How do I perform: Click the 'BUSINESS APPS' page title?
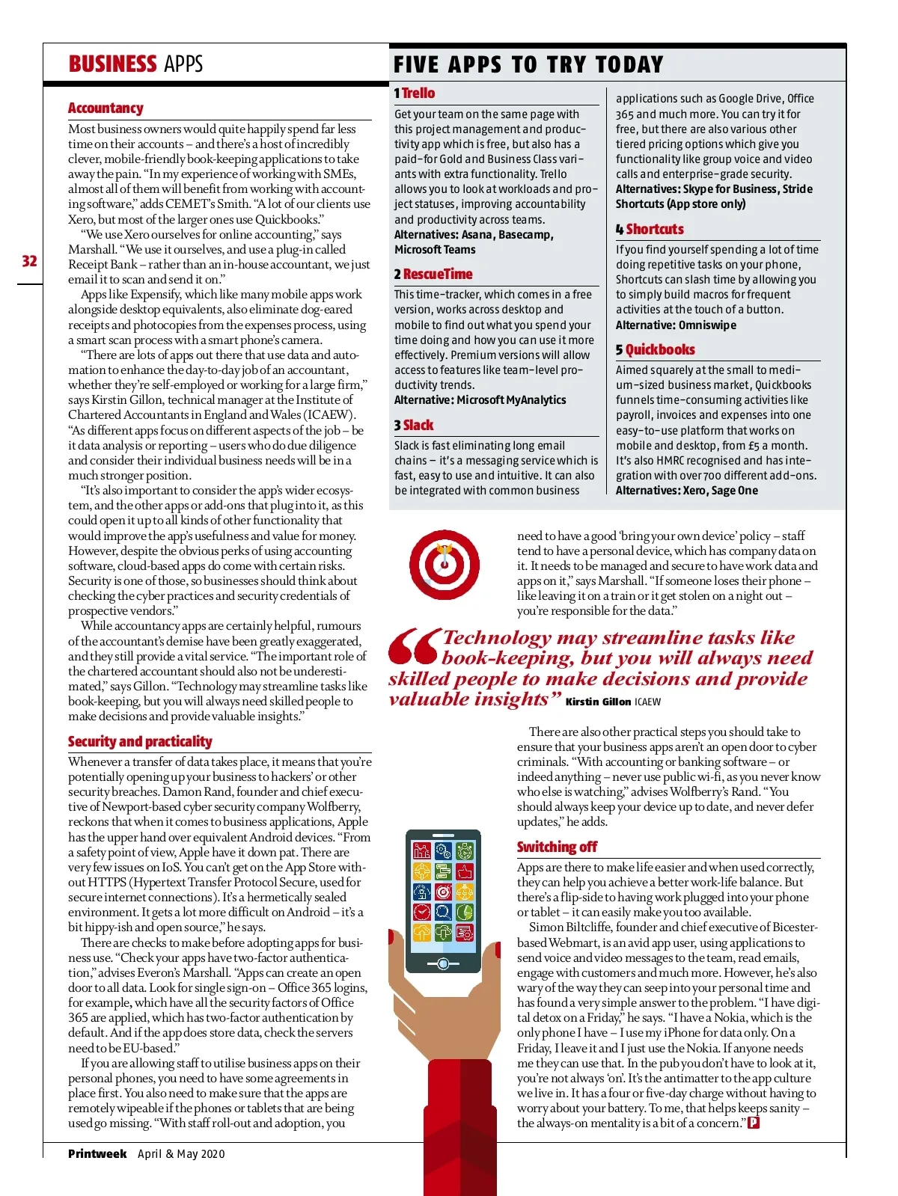click(135, 64)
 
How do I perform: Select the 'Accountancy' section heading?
click(106, 108)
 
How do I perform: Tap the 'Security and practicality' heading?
click(140, 741)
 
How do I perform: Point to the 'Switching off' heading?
click(557, 847)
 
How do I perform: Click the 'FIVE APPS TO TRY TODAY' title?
click(528, 65)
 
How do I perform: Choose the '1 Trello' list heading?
click(415, 93)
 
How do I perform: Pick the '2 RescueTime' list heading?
click(433, 275)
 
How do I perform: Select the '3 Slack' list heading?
click(414, 426)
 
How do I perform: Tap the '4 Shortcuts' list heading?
click(650, 230)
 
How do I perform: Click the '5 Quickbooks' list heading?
click(655, 350)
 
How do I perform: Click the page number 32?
click(29, 261)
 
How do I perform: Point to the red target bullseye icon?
click(445, 565)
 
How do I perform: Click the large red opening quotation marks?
click(413, 646)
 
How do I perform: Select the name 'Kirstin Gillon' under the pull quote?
click(598, 702)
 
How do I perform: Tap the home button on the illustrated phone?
click(443, 963)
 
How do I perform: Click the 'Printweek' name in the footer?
click(97, 1154)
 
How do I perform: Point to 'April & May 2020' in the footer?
click(181, 1154)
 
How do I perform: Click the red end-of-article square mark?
click(754, 1123)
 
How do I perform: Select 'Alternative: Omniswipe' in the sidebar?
click(676, 325)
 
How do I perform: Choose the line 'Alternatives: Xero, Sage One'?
click(686, 491)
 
